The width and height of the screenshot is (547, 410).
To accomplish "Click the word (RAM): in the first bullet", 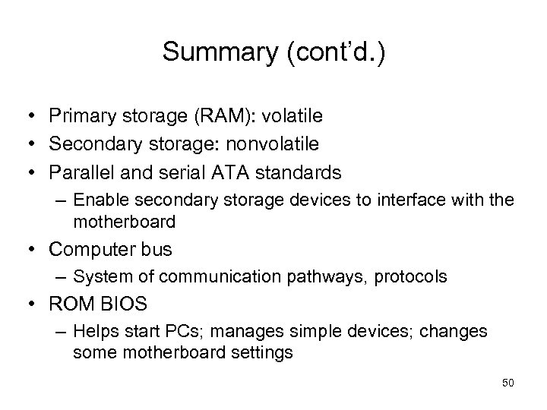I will pos(225,116).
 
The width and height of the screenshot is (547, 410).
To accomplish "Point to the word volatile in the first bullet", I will pos(292,116).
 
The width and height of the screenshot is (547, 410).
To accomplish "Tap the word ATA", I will pos(236,168).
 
